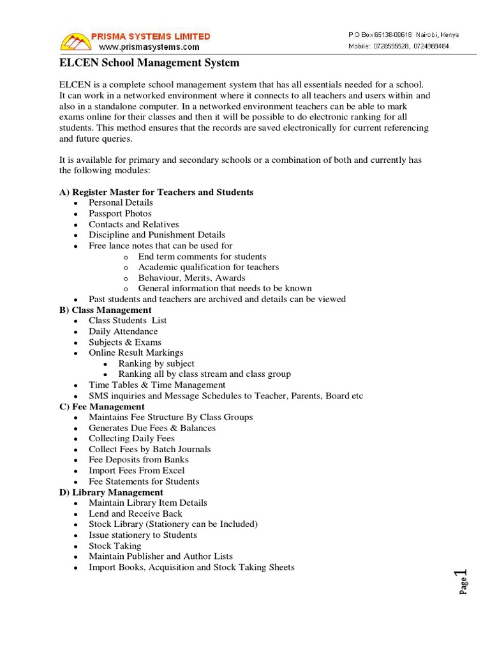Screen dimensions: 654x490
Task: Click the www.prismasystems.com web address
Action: click(x=149, y=47)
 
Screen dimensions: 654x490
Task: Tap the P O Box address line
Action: click(x=403, y=34)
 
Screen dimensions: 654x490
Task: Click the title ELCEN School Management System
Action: click(x=149, y=63)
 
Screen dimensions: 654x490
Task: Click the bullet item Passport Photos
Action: click(x=120, y=213)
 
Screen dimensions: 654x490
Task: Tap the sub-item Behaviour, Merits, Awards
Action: click(x=191, y=278)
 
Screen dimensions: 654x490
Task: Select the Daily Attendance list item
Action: click(x=123, y=331)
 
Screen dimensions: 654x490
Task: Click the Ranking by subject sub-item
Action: click(x=156, y=363)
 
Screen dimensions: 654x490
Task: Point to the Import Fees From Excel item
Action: click(x=137, y=471)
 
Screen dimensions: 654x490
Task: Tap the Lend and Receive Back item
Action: click(x=135, y=513)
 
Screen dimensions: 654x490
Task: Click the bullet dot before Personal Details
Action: click(x=76, y=203)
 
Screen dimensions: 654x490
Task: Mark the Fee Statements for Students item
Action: click(x=144, y=482)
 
